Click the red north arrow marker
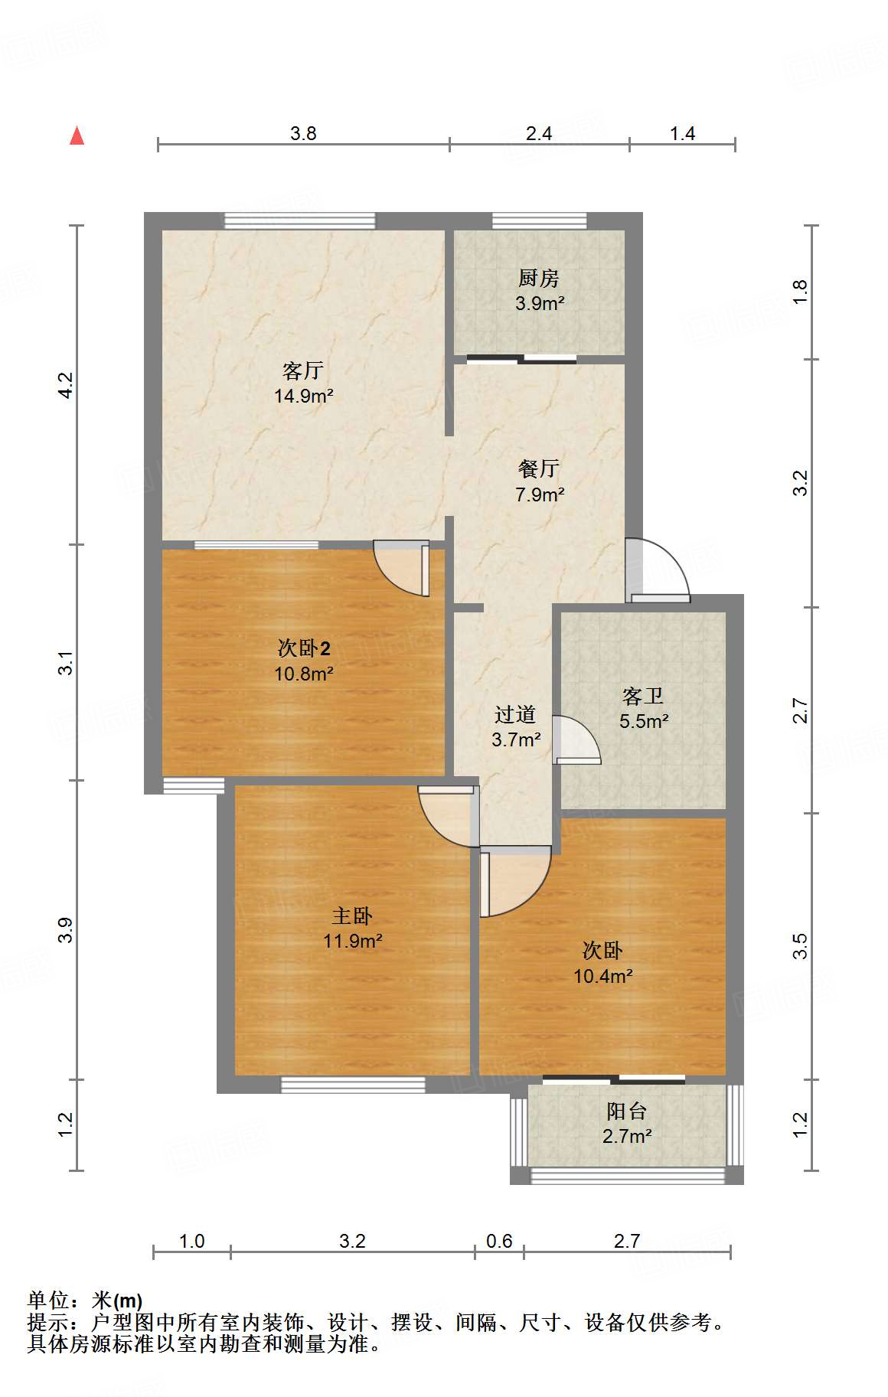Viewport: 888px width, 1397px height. (77, 135)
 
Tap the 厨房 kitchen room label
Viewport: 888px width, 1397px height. (539, 278)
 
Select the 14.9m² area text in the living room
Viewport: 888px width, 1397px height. (303, 397)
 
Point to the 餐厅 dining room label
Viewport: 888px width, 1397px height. (539, 468)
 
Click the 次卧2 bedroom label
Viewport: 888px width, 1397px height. (303, 648)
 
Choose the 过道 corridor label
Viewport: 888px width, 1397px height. (515, 715)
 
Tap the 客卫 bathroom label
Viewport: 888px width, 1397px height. (643, 696)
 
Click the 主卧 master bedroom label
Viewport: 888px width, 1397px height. (352, 916)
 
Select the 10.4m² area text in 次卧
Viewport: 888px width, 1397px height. (603, 976)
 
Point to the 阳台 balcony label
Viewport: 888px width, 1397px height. (627, 1111)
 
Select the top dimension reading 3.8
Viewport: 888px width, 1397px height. (303, 133)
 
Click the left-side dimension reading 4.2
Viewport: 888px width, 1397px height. (66, 384)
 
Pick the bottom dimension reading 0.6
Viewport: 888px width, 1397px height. (499, 1241)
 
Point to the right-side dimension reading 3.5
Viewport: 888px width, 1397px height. (800, 946)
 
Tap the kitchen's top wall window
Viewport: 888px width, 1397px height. (539, 221)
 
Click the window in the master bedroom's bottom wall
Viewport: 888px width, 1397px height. (353, 1085)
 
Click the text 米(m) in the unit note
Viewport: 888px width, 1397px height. (117, 1301)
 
